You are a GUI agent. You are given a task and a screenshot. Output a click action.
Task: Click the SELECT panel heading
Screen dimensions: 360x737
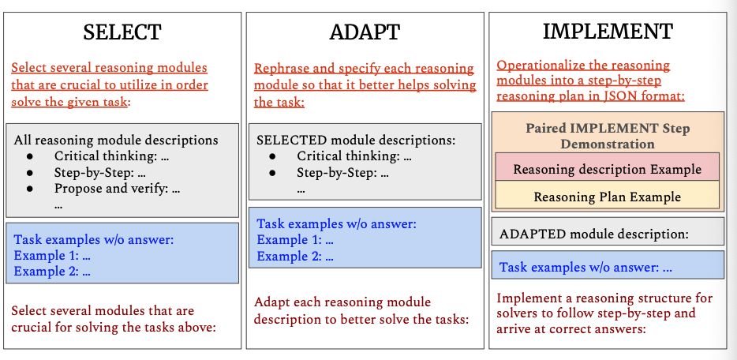[x=122, y=32]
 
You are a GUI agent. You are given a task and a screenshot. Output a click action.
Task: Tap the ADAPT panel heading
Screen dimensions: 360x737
[x=365, y=32]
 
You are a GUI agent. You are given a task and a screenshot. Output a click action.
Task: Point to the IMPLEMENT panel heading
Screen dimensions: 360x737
[x=607, y=32]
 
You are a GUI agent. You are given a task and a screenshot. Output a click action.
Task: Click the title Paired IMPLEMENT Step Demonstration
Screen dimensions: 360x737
[x=607, y=136]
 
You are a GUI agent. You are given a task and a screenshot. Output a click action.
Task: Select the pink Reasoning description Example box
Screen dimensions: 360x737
[x=607, y=169]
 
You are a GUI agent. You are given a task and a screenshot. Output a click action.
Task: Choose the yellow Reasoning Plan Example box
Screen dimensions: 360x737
[x=607, y=197]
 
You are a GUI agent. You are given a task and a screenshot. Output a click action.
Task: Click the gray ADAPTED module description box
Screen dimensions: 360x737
[x=607, y=234]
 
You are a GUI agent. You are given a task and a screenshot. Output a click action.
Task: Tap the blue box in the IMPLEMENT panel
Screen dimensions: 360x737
[x=607, y=267]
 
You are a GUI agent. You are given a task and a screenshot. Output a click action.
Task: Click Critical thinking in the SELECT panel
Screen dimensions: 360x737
[x=111, y=156]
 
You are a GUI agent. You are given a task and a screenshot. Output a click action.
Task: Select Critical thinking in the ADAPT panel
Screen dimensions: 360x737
[x=354, y=156]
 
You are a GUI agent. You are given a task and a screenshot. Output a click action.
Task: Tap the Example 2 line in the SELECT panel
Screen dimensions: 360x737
[x=52, y=272]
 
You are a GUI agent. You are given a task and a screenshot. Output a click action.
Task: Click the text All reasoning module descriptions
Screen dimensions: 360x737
[x=116, y=140]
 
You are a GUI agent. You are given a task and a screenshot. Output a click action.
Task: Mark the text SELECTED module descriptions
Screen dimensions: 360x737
[x=356, y=140]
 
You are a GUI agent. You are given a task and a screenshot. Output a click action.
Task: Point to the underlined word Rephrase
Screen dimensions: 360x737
[x=282, y=69]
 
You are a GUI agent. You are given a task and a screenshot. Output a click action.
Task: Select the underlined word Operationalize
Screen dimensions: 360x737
[x=544, y=66]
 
